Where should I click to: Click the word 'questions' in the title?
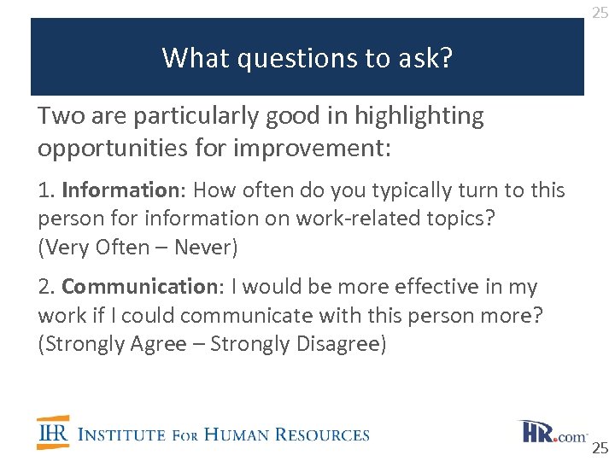tap(287, 58)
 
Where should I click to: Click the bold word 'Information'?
tap(117, 190)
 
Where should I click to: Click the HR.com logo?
tap(552, 432)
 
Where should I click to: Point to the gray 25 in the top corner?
tap(600, 12)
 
